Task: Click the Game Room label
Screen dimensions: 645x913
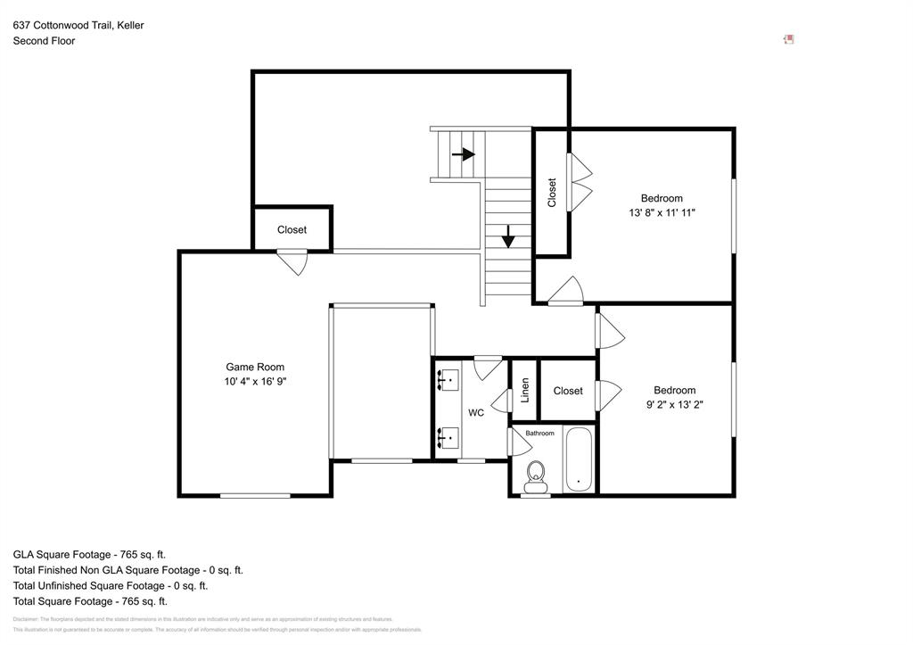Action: [x=255, y=367]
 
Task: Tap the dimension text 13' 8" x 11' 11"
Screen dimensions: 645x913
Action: [x=662, y=213]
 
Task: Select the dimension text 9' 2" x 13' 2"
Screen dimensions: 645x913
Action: [x=674, y=404]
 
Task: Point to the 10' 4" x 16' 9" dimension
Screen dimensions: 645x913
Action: [x=255, y=381]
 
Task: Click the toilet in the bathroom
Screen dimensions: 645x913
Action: [x=536, y=475]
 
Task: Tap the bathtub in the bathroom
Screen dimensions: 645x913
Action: [x=579, y=460]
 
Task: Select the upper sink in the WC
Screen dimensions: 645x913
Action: [x=448, y=380]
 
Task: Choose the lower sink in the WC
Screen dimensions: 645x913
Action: [x=448, y=437]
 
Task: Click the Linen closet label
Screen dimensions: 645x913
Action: [x=525, y=390]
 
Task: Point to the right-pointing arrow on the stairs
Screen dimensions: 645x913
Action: [x=463, y=154]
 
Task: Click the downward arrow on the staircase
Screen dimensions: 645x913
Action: [x=508, y=236]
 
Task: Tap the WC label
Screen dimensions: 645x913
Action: [x=476, y=413]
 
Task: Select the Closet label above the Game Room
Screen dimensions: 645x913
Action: [x=292, y=230]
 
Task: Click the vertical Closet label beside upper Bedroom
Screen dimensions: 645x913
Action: [x=552, y=193]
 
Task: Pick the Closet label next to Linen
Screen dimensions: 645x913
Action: [x=568, y=391]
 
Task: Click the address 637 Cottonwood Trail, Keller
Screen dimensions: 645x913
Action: [x=78, y=26]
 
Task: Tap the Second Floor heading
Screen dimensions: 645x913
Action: [x=44, y=41]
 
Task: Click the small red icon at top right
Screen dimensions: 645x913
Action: [x=788, y=39]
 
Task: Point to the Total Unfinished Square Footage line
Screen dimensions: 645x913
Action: [x=111, y=586]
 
